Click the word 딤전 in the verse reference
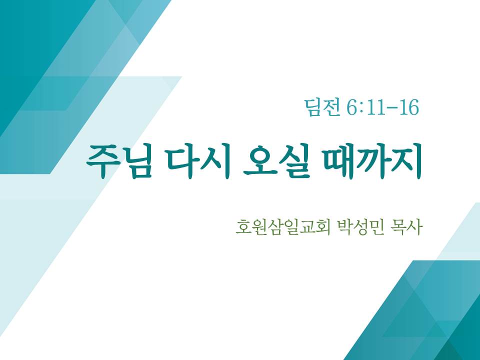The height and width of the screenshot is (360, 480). pyautogui.click(x=322, y=107)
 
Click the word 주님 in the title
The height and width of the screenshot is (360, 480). pyautogui.click(x=119, y=161)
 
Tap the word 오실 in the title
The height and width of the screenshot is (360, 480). pyautogui.click(x=276, y=161)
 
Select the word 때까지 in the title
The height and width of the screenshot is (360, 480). pyautogui.click(x=372, y=161)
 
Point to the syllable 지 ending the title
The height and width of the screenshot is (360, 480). pyautogui.click(x=407, y=161)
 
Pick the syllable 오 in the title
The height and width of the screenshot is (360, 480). pyautogui.click(x=259, y=161)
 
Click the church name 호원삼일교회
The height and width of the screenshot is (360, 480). pyautogui.click(x=283, y=227)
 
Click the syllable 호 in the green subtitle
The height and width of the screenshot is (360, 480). pyautogui.click(x=243, y=227)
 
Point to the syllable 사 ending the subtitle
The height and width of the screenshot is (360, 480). pyautogui.click(x=415, y=227)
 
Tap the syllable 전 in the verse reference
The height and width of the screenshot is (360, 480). pyautogui.click(x=331, y=107)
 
